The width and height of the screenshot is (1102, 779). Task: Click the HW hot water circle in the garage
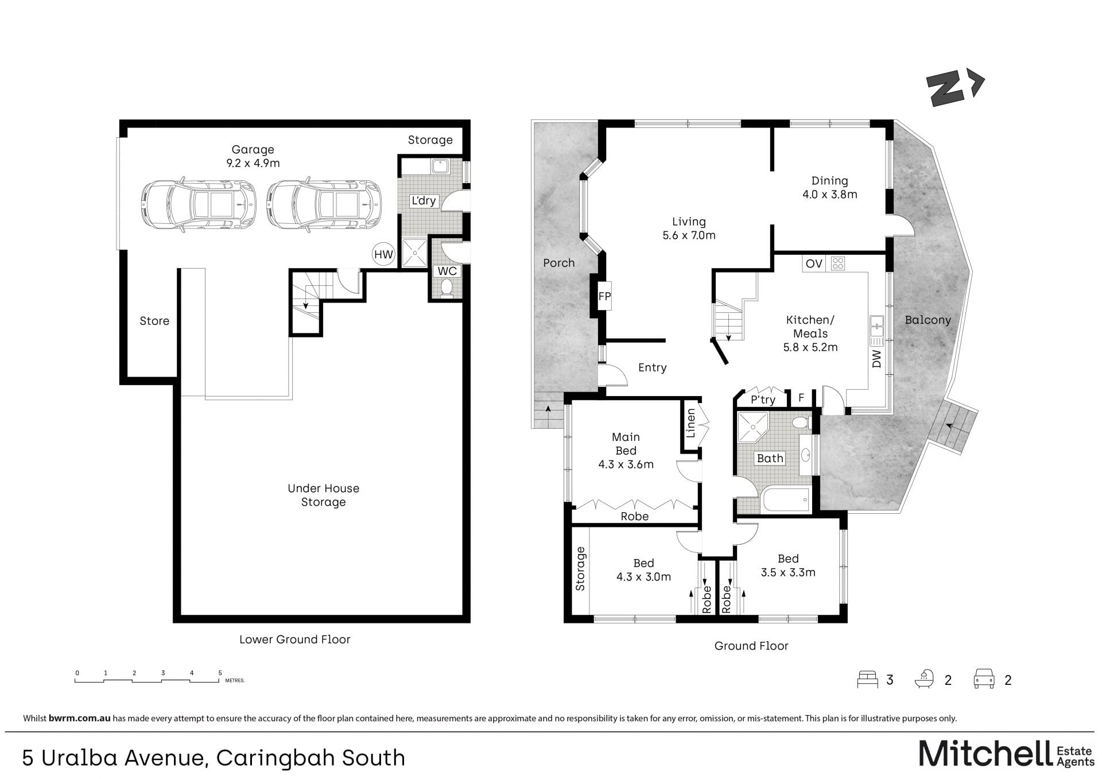pyautogui.click(x=383, y=254)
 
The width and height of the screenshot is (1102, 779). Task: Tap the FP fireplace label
pyautogui.click(x=604, y=297)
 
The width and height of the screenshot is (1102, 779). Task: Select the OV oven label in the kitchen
pyautogui.click(x=814, y=263)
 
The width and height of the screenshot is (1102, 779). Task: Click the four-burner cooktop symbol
pyautogui.click(x=838, y=263)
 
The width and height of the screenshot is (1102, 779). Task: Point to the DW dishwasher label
pyautogui.click(x=876, y=359)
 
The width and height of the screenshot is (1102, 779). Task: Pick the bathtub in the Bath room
pyautogui.click(x=786, y=500)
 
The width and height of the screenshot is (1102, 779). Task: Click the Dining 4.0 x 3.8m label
pyautogui.click(x=829, y=188)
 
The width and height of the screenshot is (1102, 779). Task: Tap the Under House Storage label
pyautogui.click(x=323, y=495)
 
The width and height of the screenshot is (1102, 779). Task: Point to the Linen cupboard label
pyautogui.click(x=691, y=423)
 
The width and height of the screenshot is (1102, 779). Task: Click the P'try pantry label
pyautogui.click(x=763, y=400)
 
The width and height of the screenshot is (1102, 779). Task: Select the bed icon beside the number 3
pyautogui.click(x=867, y=679)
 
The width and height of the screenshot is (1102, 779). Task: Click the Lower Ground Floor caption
pyautogui.click(x=294, y=640)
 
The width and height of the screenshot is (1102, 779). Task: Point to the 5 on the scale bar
pyautogui.click(x=220, y=673)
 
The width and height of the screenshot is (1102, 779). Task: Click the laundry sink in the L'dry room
pyautogui.click(x=440, y=166)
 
